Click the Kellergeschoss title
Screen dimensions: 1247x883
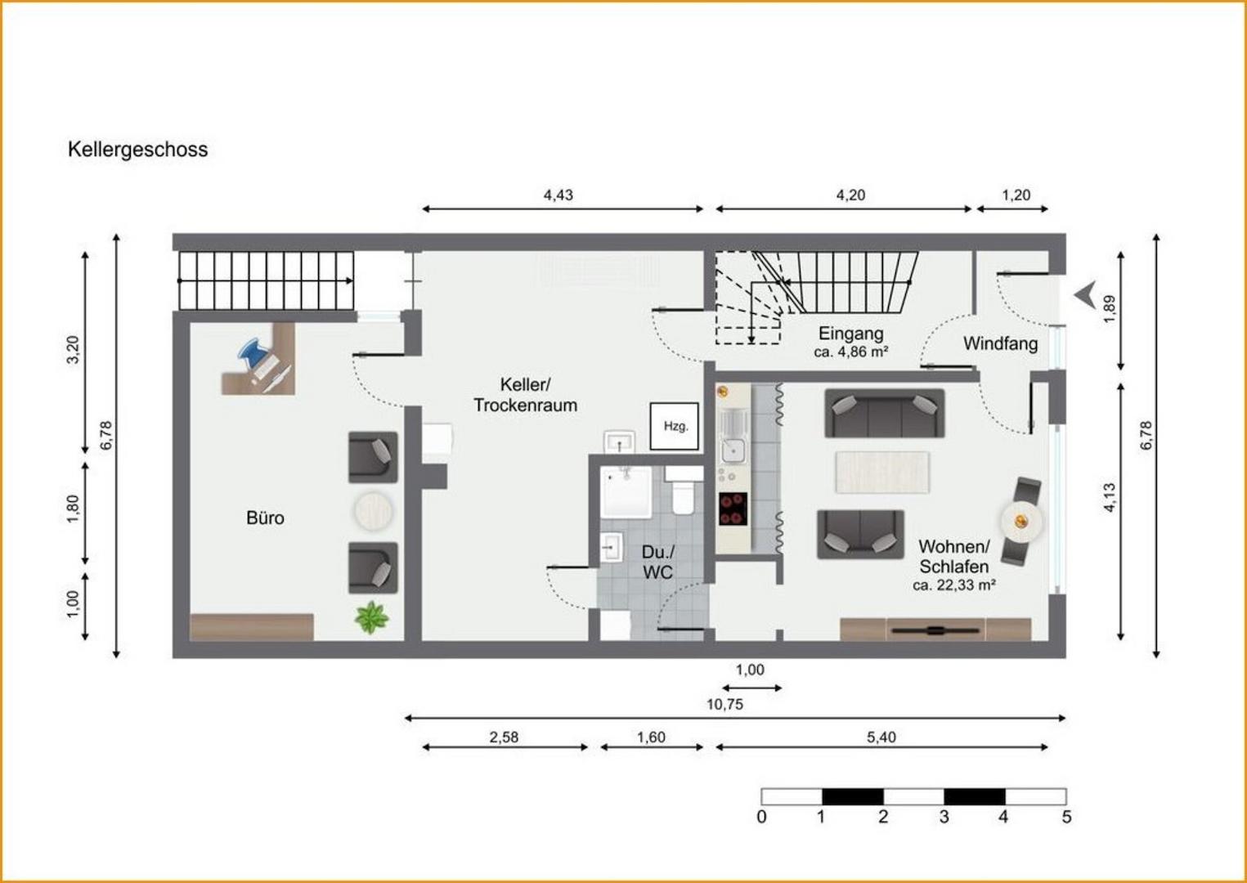[x=137, y=150]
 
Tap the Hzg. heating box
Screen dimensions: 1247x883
[x=674, y=427]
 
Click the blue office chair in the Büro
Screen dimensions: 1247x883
[x=253, y=353]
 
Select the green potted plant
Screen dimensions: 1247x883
[x=372, y=617]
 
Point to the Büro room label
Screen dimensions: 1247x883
[x=265, y=518]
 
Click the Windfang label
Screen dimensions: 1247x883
[x=1000, y=343]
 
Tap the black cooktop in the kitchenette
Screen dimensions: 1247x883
[x=733, y=509]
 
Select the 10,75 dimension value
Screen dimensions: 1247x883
[x=724, y=705]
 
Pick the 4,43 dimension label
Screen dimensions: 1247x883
[x=558, y=195]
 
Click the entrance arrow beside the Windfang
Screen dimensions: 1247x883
[x=1085, y=295]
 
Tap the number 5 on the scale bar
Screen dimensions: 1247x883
[x=1066, y=818]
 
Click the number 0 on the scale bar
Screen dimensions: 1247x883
[x=761, y=818]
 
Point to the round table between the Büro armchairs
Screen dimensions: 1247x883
[x=372, y=511]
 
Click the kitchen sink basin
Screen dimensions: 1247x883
[x=733, y=449]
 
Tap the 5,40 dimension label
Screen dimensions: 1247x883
[x=881, y=737]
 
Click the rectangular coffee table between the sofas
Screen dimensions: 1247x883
[x=882, y=472]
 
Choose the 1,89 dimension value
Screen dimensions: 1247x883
[x=1109, y=310]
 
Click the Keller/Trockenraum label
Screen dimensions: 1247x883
[x=525, y=395]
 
